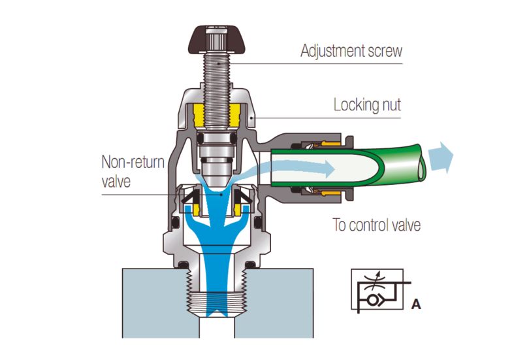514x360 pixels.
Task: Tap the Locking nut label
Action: coord(367,104)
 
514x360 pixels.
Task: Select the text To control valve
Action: coord(376,226)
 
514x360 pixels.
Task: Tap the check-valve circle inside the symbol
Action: coord(374,300)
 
